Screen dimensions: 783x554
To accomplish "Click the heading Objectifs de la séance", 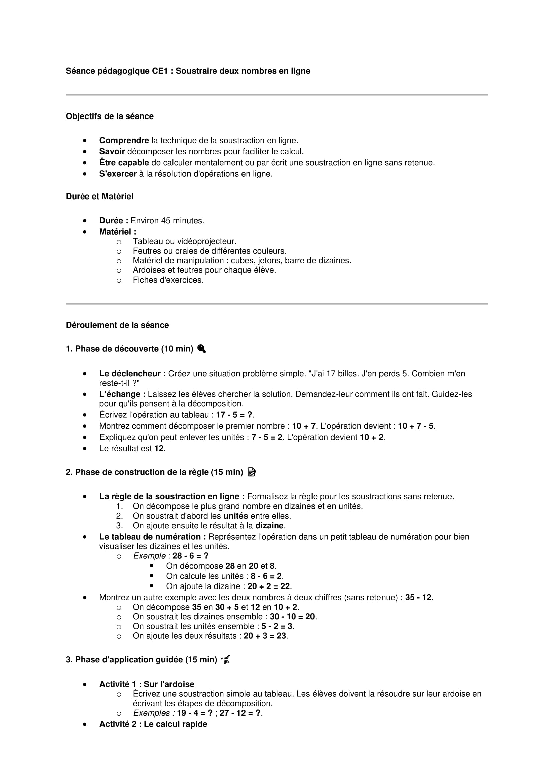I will click(110, 116).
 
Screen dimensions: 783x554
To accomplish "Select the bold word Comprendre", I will click(124, 141).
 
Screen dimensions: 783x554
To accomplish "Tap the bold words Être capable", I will click(124, 163).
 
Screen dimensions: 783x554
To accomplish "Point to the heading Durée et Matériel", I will click(99, 197).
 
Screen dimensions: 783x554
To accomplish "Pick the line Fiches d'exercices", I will click(168, 280).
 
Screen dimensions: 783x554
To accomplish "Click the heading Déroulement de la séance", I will click(117, 325).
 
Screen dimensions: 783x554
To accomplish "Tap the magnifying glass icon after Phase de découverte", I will click(201, 349).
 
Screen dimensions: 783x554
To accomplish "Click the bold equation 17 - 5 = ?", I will click(235, 415).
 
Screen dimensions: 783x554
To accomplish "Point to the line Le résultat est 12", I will click(132, 449).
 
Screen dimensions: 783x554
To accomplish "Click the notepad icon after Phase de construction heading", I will click(252, 472).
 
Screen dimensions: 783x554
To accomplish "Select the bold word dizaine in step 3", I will click(270, 526).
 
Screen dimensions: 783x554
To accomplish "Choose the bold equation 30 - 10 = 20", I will click(292, 617).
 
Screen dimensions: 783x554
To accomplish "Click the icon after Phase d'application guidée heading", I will click(225, 659).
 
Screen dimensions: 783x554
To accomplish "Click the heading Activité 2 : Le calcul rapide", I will click(153, 724).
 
